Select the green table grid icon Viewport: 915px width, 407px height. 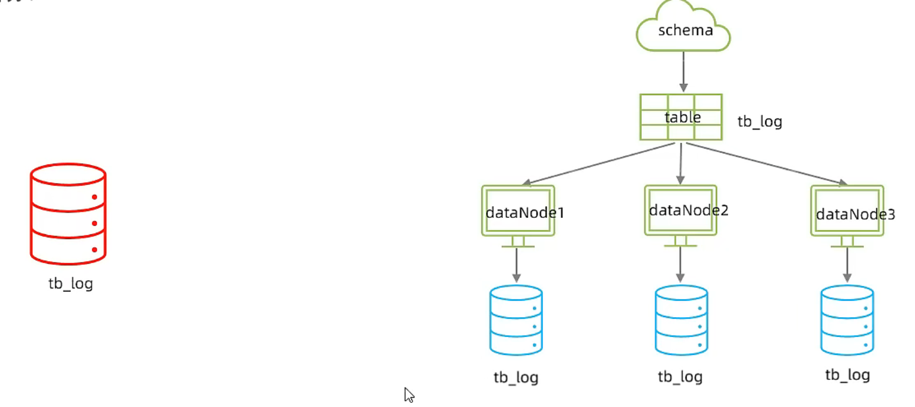[681, 117]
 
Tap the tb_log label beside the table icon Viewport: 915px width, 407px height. [759, 122]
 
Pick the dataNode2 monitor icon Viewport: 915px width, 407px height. [681, 210]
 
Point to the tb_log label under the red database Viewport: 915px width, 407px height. [71, 284]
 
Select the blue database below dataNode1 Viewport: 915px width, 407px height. [515, 319]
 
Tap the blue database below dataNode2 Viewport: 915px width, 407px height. [681, 319]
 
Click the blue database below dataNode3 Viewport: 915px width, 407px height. [847, 319]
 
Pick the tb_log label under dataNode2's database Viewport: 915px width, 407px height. [680, 376]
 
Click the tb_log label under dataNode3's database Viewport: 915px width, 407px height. [847, 375]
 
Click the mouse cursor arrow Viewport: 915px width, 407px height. [409, 395]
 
